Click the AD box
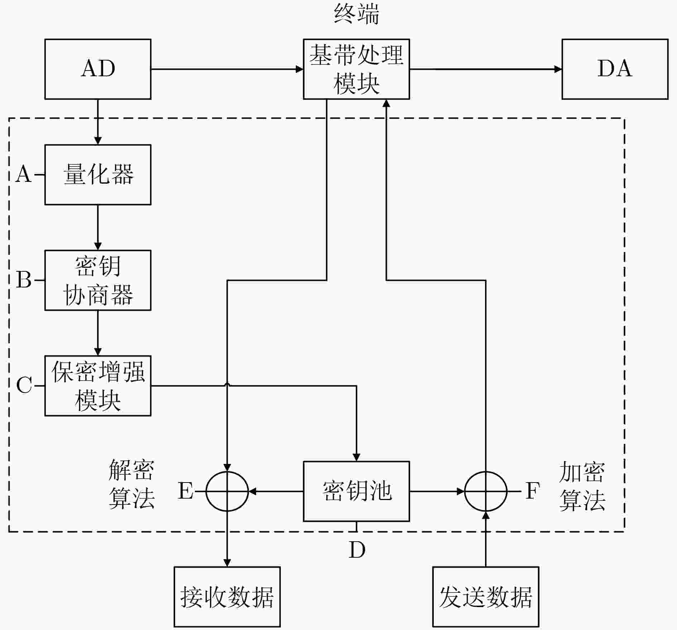[x=98, y=69]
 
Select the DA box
[x=615, y=69]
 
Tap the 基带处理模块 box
[x=356, y=69]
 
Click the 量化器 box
[x=98, y=175]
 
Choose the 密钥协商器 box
[x=98, y=280]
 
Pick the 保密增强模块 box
[x=98, y=386]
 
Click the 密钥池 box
[x=356, y=491]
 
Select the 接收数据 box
[x=227, y=597]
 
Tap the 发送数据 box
[x=486, y=597]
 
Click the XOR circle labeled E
[x=227, y=472]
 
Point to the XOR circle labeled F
[x=486, y=472]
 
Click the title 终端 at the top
[x=356, y=15]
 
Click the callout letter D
[x=357, y=550]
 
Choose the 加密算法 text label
[x=582, y=486]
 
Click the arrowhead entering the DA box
[x=558, y=69]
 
